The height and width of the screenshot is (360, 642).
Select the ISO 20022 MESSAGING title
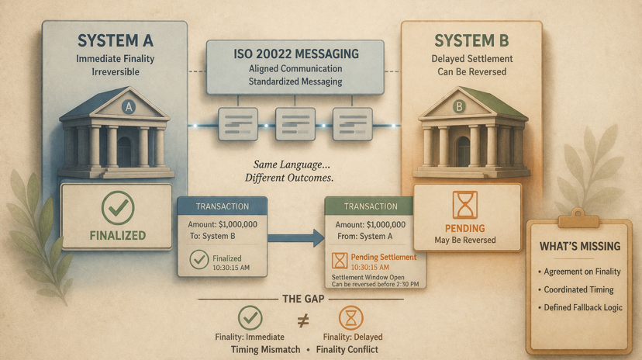(295, 54)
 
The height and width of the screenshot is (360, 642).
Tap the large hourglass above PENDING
(464, 205)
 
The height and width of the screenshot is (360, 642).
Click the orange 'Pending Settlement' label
(383, 257)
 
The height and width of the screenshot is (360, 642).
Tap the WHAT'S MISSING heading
(580, 247)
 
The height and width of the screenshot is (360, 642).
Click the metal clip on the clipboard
(579, 215)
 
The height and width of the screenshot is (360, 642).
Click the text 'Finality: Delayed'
(353, 337)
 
